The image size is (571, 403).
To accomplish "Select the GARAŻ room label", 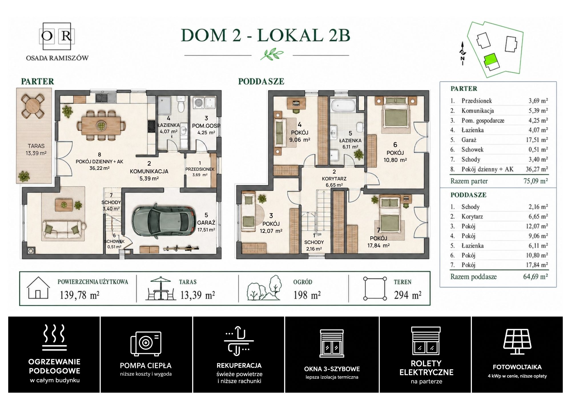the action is [206, 223].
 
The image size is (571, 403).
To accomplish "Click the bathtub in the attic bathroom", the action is [343, 105].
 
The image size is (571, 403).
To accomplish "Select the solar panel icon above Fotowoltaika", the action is [517, 342].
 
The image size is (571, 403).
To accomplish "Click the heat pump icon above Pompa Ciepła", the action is [146, 344].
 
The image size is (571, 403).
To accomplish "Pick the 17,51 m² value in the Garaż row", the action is [537, 140].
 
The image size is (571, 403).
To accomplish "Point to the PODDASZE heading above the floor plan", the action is [261, 82].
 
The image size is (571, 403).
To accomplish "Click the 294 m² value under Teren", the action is [408, 295].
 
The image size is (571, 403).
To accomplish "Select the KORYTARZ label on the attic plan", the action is [334, 179].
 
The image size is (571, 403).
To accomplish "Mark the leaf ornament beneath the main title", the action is [272, 54].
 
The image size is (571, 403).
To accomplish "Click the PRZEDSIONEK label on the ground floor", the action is [200, 169].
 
